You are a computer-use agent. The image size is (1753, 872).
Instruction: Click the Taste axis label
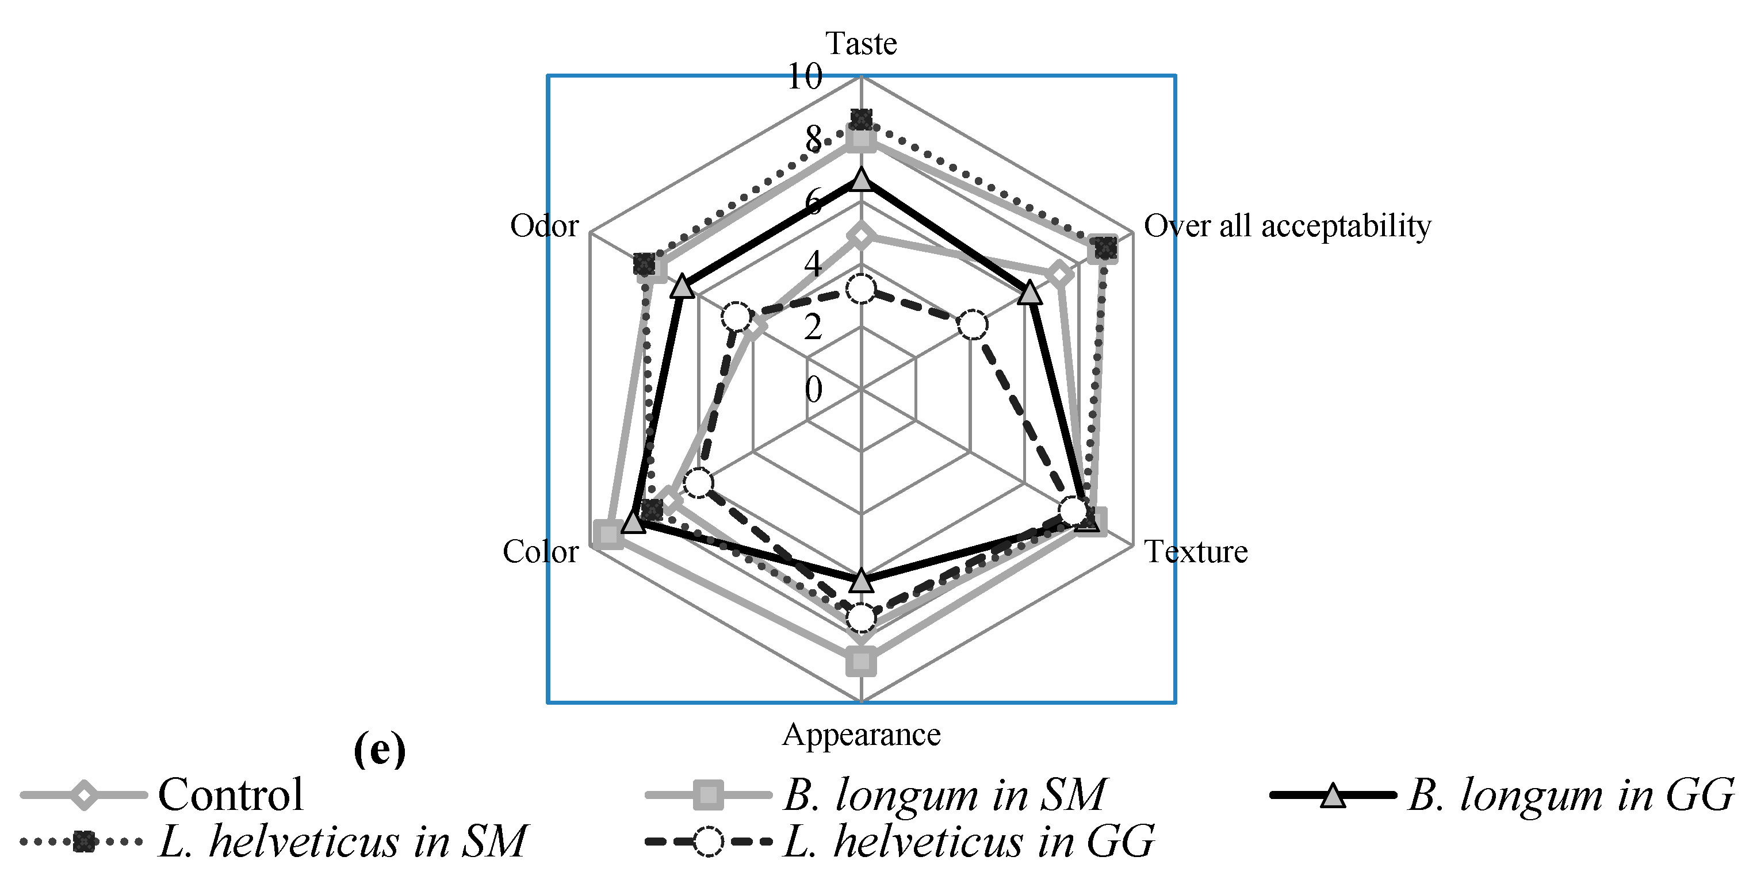pyautogui.click(x=861, y=44)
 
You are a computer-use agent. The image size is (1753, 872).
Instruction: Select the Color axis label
pyautogui.click(x=539, y=552)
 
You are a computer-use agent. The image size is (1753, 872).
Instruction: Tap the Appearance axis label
pyautogui.click(x=861, y=735)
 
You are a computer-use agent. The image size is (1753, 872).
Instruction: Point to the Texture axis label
pyautogui.click(x=1196, y=552)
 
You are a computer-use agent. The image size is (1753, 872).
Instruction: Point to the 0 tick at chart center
pyautogui.click(x=813, y=390)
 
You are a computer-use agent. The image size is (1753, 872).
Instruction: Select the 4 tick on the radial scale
pyautogui.click(x=813, y=264)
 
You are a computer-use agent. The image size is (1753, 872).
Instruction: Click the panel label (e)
pyautogui.click(x=380, y=750)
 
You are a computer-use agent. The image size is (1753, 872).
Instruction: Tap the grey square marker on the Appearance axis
pyautogui.click(x=862, y=661)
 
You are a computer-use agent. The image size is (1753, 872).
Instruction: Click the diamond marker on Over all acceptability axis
pyautogui.click(x=1059, y=275)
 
